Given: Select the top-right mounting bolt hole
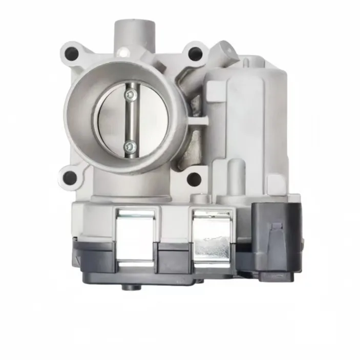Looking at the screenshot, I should click(x=194, y=53).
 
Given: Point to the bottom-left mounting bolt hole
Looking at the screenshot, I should click(x=69, y=178).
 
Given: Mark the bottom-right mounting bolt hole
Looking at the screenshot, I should click(x=194, y=179).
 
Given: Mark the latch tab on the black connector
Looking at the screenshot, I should click(x=276, y=230).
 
